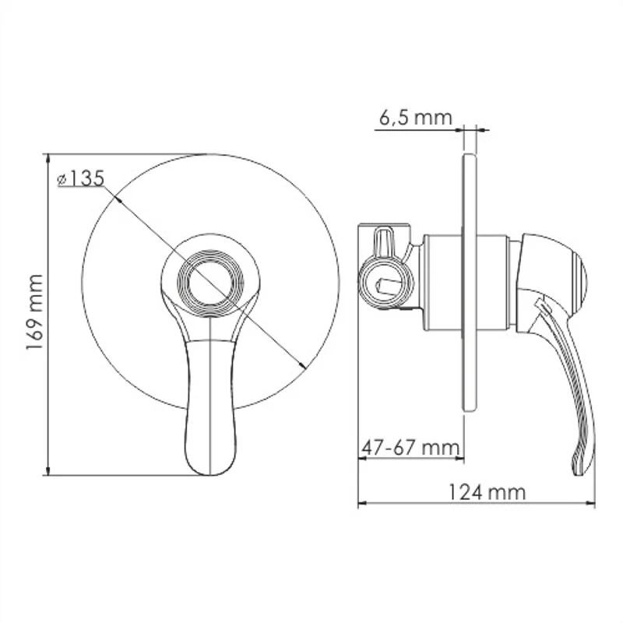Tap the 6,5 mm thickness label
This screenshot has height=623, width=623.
(x=415, y=118)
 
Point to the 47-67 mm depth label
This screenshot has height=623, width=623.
(x=410, y=448)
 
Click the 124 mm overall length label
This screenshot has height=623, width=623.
(x=487, y=492)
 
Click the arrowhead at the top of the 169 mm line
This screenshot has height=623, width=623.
(x=48, y=157)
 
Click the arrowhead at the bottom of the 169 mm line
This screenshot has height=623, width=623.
(x=48, y=470)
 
